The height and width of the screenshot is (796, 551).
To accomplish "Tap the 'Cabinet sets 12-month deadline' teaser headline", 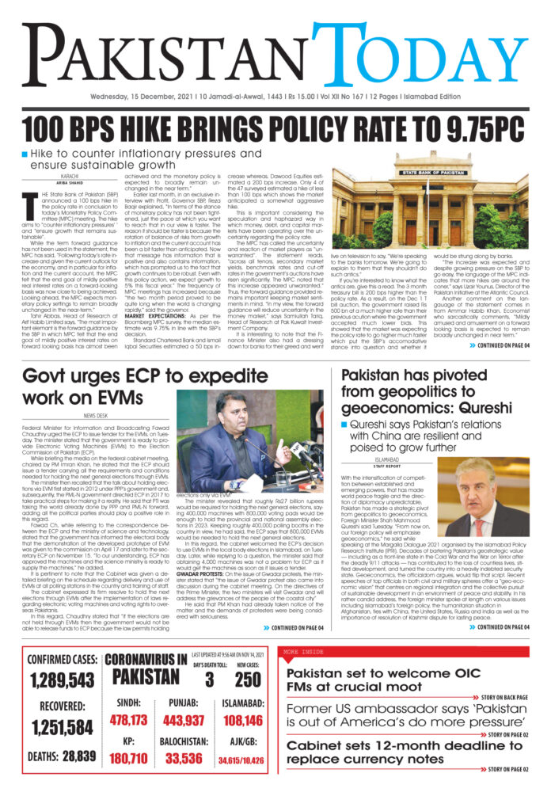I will [x=377, y=752].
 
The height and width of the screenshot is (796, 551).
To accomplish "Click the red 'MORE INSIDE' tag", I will [x=302, y=652].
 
